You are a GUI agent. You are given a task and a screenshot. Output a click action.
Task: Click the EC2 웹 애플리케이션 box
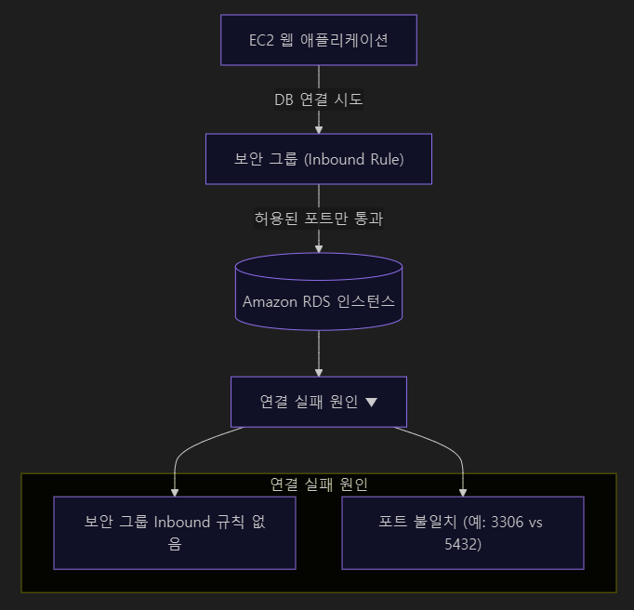319,40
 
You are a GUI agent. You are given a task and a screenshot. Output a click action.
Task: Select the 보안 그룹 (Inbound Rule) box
319,159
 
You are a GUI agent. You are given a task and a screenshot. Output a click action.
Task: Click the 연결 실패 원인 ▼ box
319,402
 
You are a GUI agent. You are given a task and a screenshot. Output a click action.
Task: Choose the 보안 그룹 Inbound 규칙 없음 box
175,533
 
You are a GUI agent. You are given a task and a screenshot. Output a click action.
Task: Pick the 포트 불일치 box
463,533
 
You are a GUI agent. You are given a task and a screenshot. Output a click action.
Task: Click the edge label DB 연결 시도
319,99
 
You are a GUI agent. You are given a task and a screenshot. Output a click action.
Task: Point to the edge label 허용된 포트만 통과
319,219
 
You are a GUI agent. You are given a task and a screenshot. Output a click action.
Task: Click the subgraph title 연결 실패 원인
319,484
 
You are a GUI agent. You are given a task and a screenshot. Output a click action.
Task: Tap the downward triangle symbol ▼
372,403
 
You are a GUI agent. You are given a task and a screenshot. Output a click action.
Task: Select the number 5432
463,544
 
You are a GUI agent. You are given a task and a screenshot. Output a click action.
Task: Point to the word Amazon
267,301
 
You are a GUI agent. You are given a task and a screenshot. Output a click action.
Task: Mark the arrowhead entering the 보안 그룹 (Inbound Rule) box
319,129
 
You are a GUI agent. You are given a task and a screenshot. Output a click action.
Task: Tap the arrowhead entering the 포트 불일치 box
463,491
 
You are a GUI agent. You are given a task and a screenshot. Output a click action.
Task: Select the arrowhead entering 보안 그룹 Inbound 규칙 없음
175,491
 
